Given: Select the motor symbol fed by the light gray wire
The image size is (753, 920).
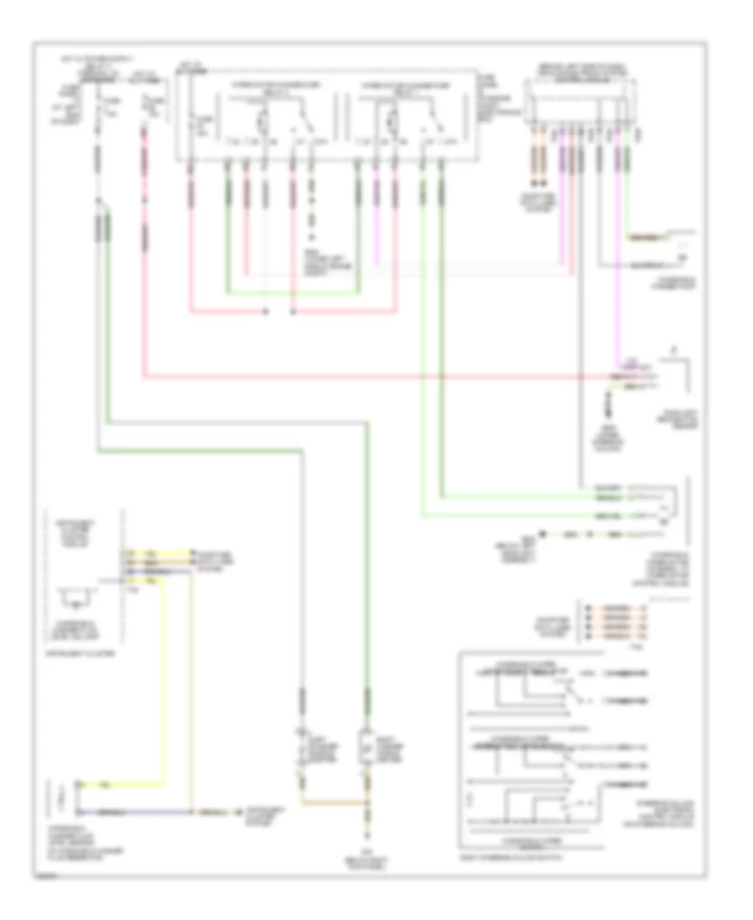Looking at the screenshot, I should point(302,746).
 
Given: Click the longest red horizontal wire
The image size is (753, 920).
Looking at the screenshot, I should point(376,376).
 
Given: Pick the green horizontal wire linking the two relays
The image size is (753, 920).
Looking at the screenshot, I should point(293,293).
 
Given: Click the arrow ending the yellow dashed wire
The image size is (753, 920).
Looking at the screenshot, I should point(542,533).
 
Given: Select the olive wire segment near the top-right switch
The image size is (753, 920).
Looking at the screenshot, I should point(648,238).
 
